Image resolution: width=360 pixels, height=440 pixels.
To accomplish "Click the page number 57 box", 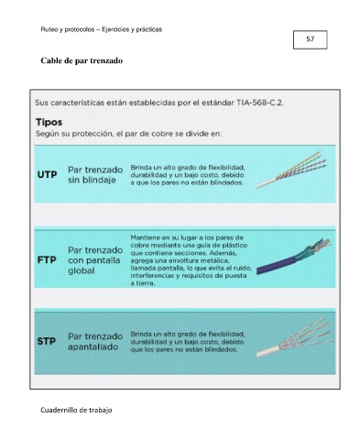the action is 310,39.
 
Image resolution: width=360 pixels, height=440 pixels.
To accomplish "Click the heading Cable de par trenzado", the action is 82,60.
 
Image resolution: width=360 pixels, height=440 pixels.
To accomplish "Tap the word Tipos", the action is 49,122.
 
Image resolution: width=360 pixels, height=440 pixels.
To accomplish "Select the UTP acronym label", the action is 47,174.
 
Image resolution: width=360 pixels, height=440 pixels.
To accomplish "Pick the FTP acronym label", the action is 47,260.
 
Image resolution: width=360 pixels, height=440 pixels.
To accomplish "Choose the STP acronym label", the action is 47,341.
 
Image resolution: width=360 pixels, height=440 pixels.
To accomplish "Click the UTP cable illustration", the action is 292,170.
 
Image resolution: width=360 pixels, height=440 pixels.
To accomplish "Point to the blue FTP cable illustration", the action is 293,256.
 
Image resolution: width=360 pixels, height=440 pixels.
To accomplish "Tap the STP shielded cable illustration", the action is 295,337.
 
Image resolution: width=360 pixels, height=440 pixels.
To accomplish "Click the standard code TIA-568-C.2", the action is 260,103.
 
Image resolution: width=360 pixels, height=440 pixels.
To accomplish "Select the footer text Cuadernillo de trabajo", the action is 76,410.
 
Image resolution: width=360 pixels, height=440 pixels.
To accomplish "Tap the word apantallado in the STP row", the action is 93,346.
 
